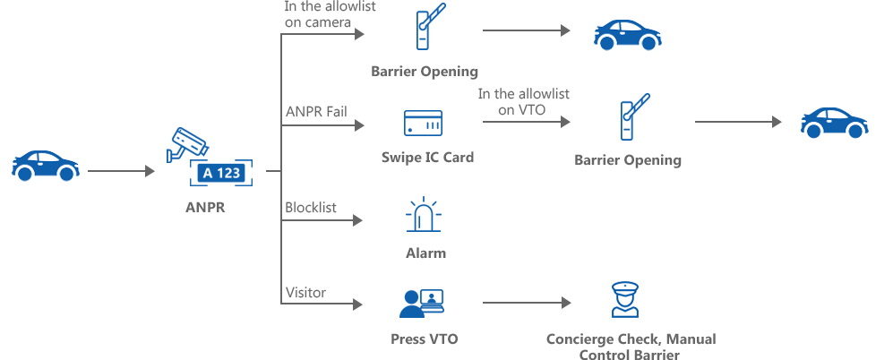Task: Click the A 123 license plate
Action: point(221,173)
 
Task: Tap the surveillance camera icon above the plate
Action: point(187,144)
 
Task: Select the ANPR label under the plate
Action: point(206,208)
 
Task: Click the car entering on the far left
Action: point(45,166)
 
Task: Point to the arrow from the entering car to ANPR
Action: point(121,171)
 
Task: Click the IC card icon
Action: point(423,123)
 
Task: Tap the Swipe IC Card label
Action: point(428,158)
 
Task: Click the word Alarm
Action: point(426,253)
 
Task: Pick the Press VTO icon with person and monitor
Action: point(422,303)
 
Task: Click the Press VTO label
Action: point(425,339)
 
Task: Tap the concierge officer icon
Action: point(625,300)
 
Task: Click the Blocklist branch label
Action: point(311,208)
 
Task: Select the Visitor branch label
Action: point(305,293)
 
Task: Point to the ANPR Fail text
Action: point(316,110)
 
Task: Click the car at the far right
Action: point(835,123)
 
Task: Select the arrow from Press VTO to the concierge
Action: point(527,303)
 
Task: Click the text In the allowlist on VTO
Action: point(523,101)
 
